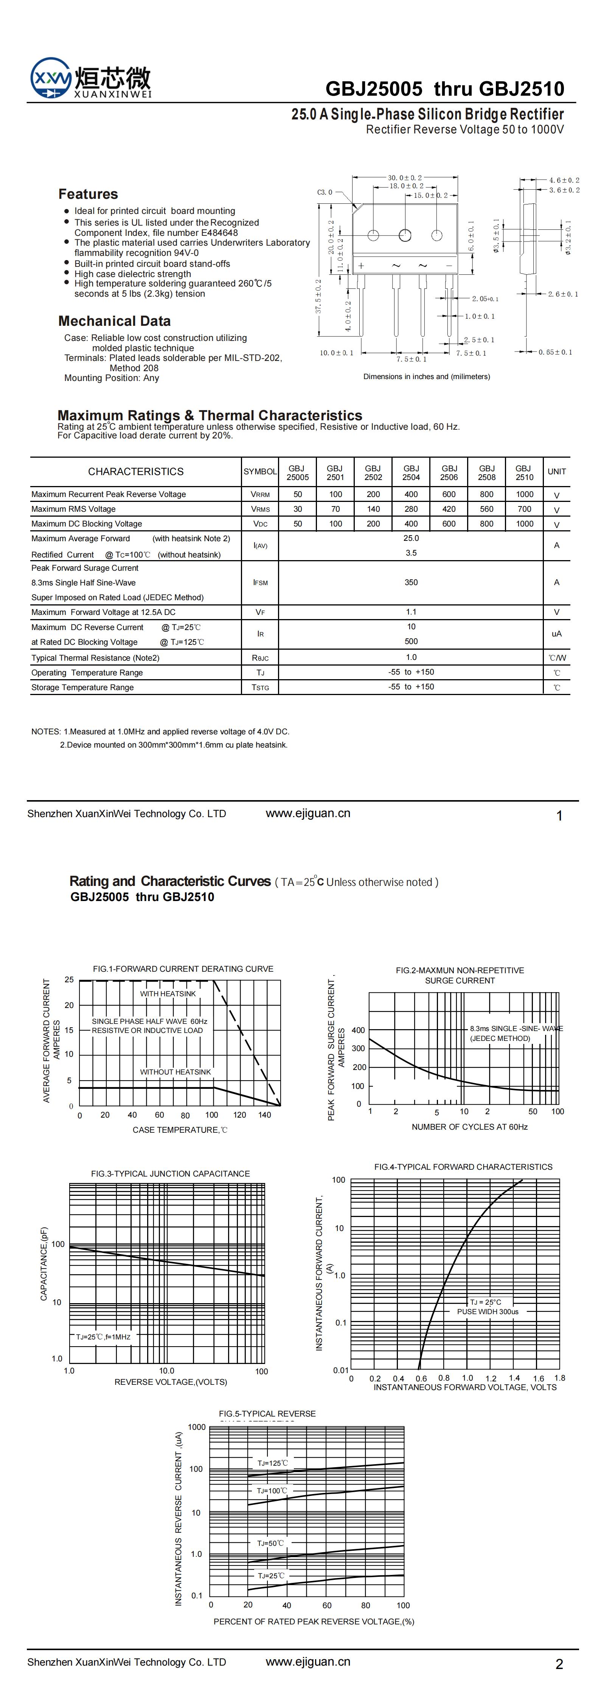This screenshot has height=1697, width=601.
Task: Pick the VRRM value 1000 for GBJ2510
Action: tap(525, 494)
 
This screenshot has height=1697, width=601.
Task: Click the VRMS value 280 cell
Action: tap(411, 509)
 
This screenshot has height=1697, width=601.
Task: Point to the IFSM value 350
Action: tap(411, 582)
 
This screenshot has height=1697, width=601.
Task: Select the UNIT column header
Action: tap(557, 472)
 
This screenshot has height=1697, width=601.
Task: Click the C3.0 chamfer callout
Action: tap(325, 192)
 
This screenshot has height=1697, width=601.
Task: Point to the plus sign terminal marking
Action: tap(361, 265)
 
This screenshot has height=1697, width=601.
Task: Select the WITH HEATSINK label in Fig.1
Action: tap(168, 993)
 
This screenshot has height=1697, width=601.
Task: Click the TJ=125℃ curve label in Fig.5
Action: tap(272, 1463)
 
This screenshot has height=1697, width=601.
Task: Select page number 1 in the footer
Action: tap(559, 816)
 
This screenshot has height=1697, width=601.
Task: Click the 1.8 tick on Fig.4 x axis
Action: tap(559, 1378)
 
